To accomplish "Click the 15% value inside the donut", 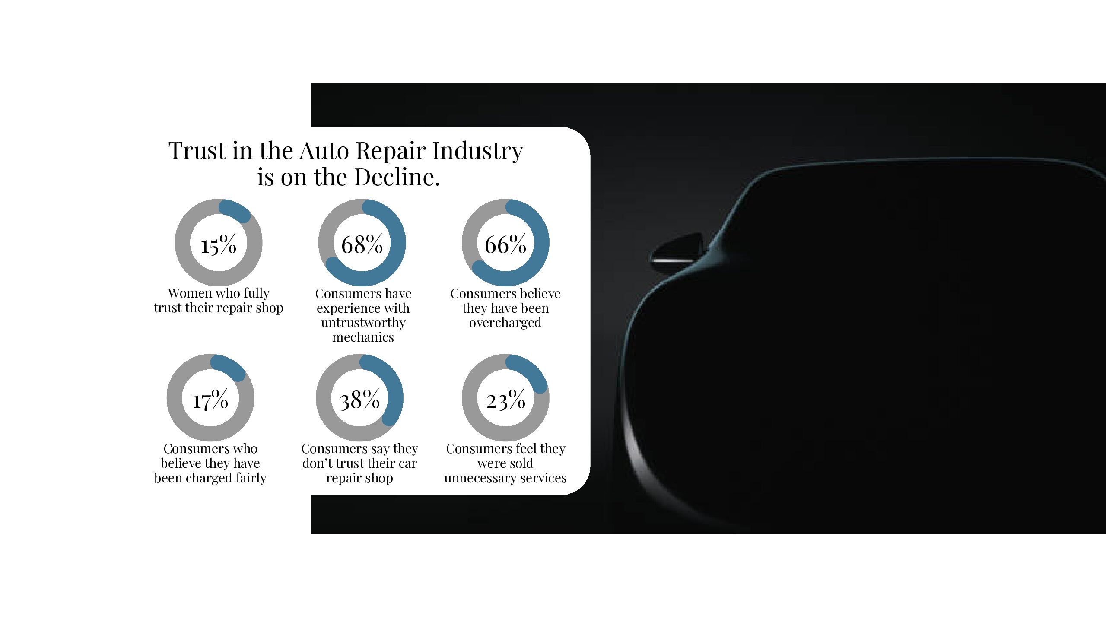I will tap(219, 244).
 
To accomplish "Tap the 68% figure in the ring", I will tap(362, 244).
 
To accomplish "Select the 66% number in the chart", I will tap(505, 244).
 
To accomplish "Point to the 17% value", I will tap(210, 400).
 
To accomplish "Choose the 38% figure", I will tap(359, 400).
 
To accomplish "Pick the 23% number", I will tap(505, 400).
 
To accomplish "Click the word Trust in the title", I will tap(197, 151).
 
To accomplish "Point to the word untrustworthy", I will tap(363, 323).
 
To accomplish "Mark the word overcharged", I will tap(505, 323).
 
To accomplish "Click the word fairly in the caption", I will tap(251, 478).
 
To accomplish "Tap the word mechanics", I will tap(363, 337).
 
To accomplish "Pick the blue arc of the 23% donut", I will tap(530, 372).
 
